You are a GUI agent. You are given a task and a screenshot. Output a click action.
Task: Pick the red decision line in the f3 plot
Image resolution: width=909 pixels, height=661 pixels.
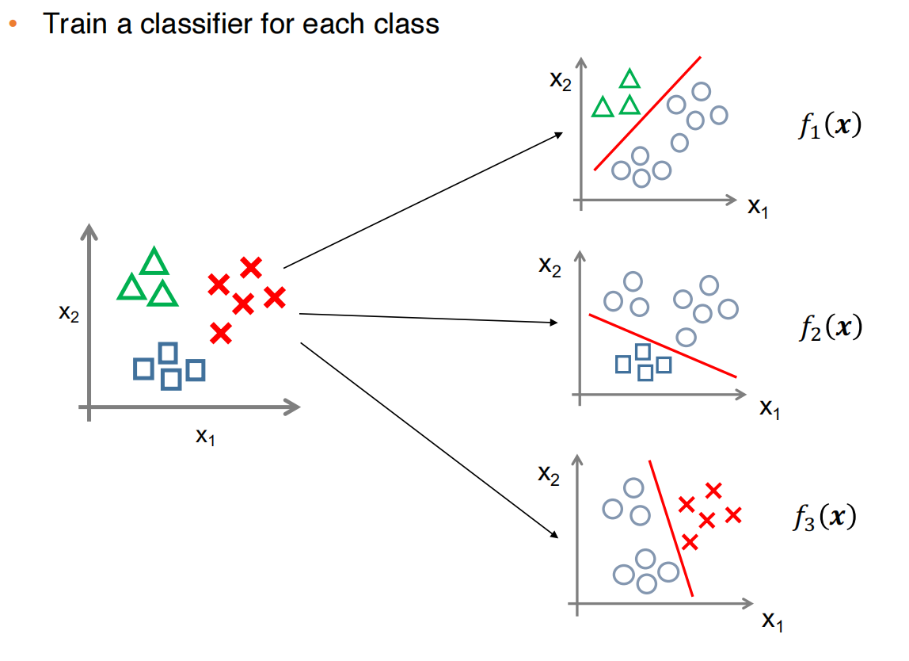pyautogui.click(x=671, y=528)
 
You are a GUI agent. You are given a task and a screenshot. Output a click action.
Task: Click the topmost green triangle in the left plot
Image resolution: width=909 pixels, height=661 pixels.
pyautogui.click(x=154, y=262)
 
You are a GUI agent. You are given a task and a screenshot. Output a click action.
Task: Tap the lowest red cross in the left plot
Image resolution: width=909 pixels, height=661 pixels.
pyautogui.click(x=221, y=334)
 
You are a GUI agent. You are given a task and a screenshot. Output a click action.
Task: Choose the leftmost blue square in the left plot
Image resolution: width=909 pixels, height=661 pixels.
pyautogui.click(x=143, y=368)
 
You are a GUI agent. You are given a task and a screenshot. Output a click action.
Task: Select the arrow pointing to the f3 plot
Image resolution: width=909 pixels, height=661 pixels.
pyautogui.click(x=428, y=439)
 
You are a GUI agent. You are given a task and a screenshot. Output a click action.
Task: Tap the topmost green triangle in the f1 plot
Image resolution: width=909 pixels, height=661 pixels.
pyautogui.click(x=629, y=78)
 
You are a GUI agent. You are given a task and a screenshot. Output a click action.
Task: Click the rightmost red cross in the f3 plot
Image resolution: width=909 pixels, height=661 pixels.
pyautogui.click(x=732, y=515)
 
